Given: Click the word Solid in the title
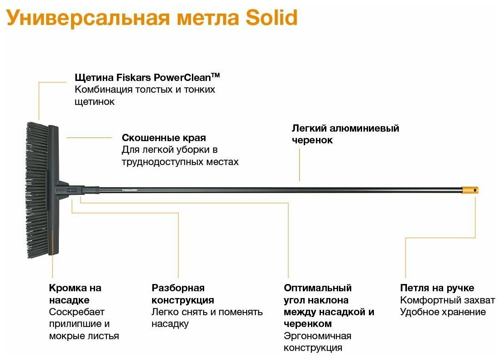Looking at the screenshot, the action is (272, 18).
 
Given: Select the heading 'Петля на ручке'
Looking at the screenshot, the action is (437, 288).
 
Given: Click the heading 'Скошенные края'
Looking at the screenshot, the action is (164, 137).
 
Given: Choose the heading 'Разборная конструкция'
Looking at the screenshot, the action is (182, 294).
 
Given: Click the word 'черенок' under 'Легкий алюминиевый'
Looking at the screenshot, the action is (312, 140).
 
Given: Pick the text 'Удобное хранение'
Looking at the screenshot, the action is (443, 312).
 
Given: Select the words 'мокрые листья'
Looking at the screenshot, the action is (84, 336).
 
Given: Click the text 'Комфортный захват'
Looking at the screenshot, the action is (447, 300).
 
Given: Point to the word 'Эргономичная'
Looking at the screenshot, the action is (317, 336).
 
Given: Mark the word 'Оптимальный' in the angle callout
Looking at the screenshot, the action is (318, 288).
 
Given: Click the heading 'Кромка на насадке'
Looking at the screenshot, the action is (75, 294).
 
